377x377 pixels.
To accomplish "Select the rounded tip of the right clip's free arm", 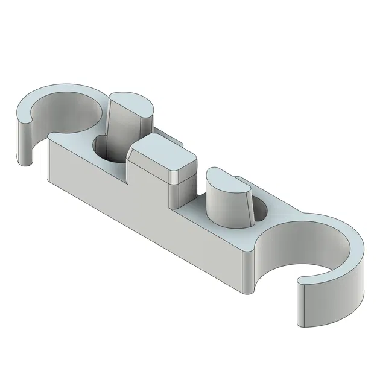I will pos(301,302).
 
